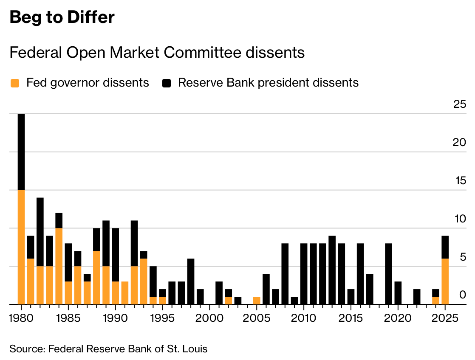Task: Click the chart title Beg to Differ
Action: click(x=62, y=18)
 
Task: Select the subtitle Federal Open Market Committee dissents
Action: click(x=157, y=53)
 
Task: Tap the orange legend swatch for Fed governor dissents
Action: click(x=15, y=83)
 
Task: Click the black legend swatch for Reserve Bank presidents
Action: click(x=167, y=83)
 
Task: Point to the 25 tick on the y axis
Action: click(x=460, y=104)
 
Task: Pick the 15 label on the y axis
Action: click(x=460, y=180)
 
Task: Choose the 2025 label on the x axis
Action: click(x=445, y=318)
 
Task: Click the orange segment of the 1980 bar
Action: click(x=21, y=246)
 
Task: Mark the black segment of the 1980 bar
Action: click(x=21, y=152)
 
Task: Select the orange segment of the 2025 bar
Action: click(x=445, y=281)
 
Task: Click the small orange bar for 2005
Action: click(x=257, y=300)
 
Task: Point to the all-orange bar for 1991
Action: click(x=124, y=292)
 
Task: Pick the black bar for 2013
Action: click(x=332, y=270)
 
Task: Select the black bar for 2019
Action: click(x=388, y=273)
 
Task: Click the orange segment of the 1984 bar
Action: click(x=59, y=266)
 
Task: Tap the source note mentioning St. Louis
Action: click(x=108, y=349)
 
